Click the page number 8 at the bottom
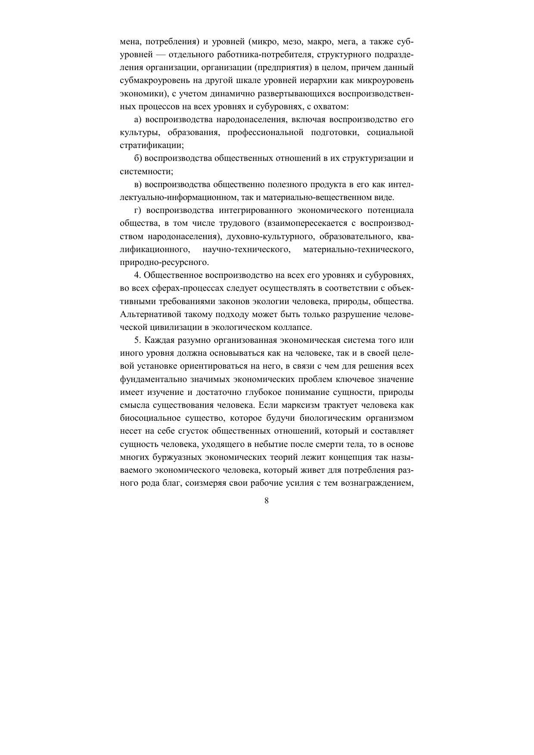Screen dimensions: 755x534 (267, 500)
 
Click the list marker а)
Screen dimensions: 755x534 (138, 119)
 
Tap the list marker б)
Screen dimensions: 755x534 (138, 158)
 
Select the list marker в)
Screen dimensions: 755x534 (138, 185)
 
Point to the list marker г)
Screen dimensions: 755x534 (138, 210)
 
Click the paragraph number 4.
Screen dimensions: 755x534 (137, 275)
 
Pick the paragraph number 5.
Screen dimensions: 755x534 (137, 340)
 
